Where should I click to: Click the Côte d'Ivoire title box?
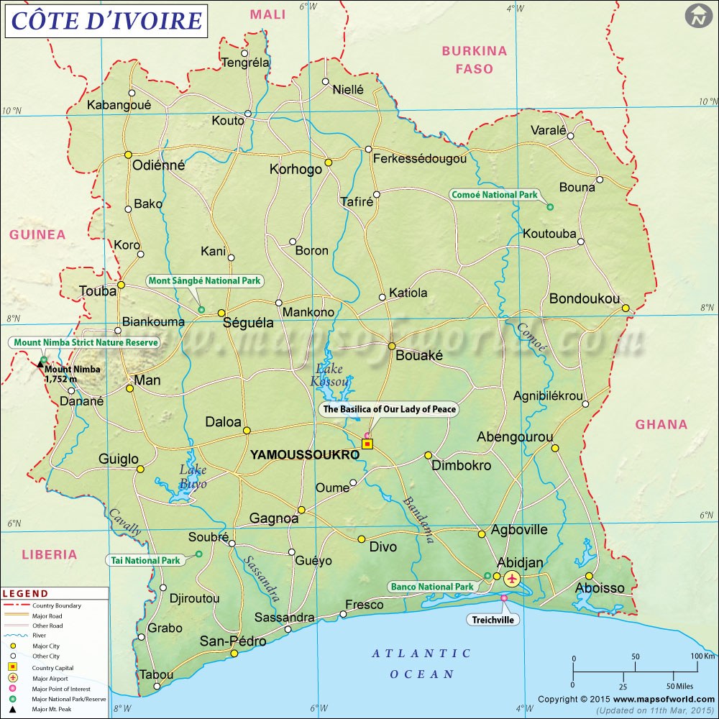[106, 20]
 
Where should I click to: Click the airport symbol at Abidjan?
[512, 578]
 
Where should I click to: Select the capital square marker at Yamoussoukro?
[367, 444]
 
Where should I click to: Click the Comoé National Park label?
[494, 195]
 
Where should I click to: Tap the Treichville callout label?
[493, 620]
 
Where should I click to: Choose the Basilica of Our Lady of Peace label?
[389, 409]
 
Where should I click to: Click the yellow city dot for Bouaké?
[392, 346]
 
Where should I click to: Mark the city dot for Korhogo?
[328, 162]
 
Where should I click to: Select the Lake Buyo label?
[193, 477]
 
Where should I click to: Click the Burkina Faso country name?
[475, 60]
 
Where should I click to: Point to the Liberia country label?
[49, 554]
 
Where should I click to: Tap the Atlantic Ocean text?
[421, 664]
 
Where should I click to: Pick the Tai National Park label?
[146, 560]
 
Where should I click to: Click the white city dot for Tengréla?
[244, 53]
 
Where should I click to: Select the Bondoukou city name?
[584, 298]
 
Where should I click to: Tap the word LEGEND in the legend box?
[26, 594]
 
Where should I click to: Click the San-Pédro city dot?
[234, 654]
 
